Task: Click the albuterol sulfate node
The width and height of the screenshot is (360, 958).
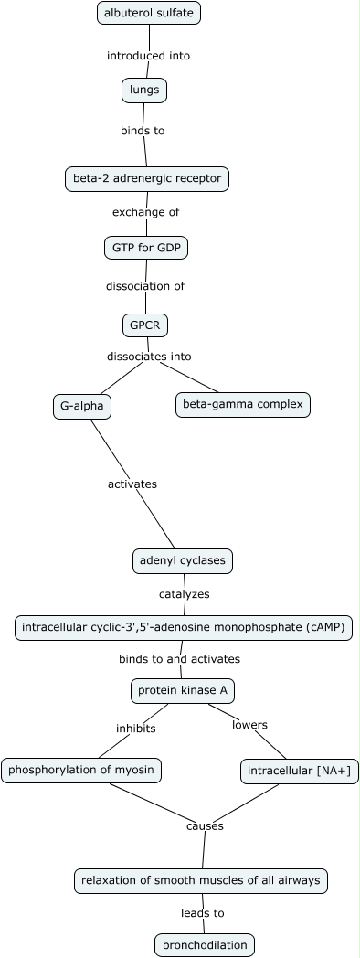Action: [x=149, y=13]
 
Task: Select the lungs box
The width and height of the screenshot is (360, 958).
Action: [x=144, y=90]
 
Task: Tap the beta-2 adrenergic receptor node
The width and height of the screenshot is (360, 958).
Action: [x=147, y=179]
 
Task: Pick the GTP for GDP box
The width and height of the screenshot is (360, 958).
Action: [x=146, y=248]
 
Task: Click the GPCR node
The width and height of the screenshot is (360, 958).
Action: [x=145, y=325]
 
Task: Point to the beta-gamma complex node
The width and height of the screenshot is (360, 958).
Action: [x=242, y=404]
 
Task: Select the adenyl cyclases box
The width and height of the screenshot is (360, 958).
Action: [x=183, y=560]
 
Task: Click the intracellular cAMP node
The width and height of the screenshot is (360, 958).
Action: [x=184, y=628]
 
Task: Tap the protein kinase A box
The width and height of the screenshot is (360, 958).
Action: [x=182, y=690]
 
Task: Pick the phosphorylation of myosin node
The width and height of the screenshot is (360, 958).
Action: [x=81, y=771]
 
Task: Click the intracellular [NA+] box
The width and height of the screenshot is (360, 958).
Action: [x=300, y=772]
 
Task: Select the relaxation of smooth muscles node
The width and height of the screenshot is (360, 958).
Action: [x=200, y=880]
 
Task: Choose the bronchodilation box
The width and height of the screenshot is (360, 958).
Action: [x=204, y=944]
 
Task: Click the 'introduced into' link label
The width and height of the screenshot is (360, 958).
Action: [x=148, y=56]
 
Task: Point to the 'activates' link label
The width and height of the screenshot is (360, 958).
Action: [x=132, y=484]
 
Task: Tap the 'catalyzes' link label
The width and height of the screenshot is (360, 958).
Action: [x=184, y=594]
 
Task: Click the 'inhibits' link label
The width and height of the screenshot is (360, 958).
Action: [x=135, y=729]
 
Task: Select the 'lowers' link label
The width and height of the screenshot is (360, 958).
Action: [x=249, y=725]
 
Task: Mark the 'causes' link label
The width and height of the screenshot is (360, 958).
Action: [x=205, y=825]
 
